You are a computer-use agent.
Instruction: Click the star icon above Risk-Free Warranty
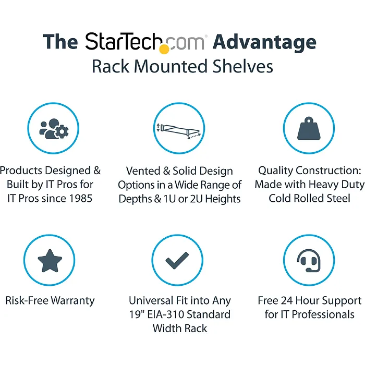click(51, 260)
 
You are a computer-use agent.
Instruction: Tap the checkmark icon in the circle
click(177, 260)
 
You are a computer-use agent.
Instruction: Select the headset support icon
click(309, 260)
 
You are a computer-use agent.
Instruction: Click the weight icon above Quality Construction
click(309, 128)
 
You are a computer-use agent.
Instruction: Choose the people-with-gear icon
click(53, 128)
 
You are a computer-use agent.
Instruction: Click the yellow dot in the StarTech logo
click(164, 50)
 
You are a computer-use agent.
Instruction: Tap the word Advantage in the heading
click(264, 42)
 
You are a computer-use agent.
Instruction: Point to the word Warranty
click(73, 301)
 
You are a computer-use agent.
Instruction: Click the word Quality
click(276, 171)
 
